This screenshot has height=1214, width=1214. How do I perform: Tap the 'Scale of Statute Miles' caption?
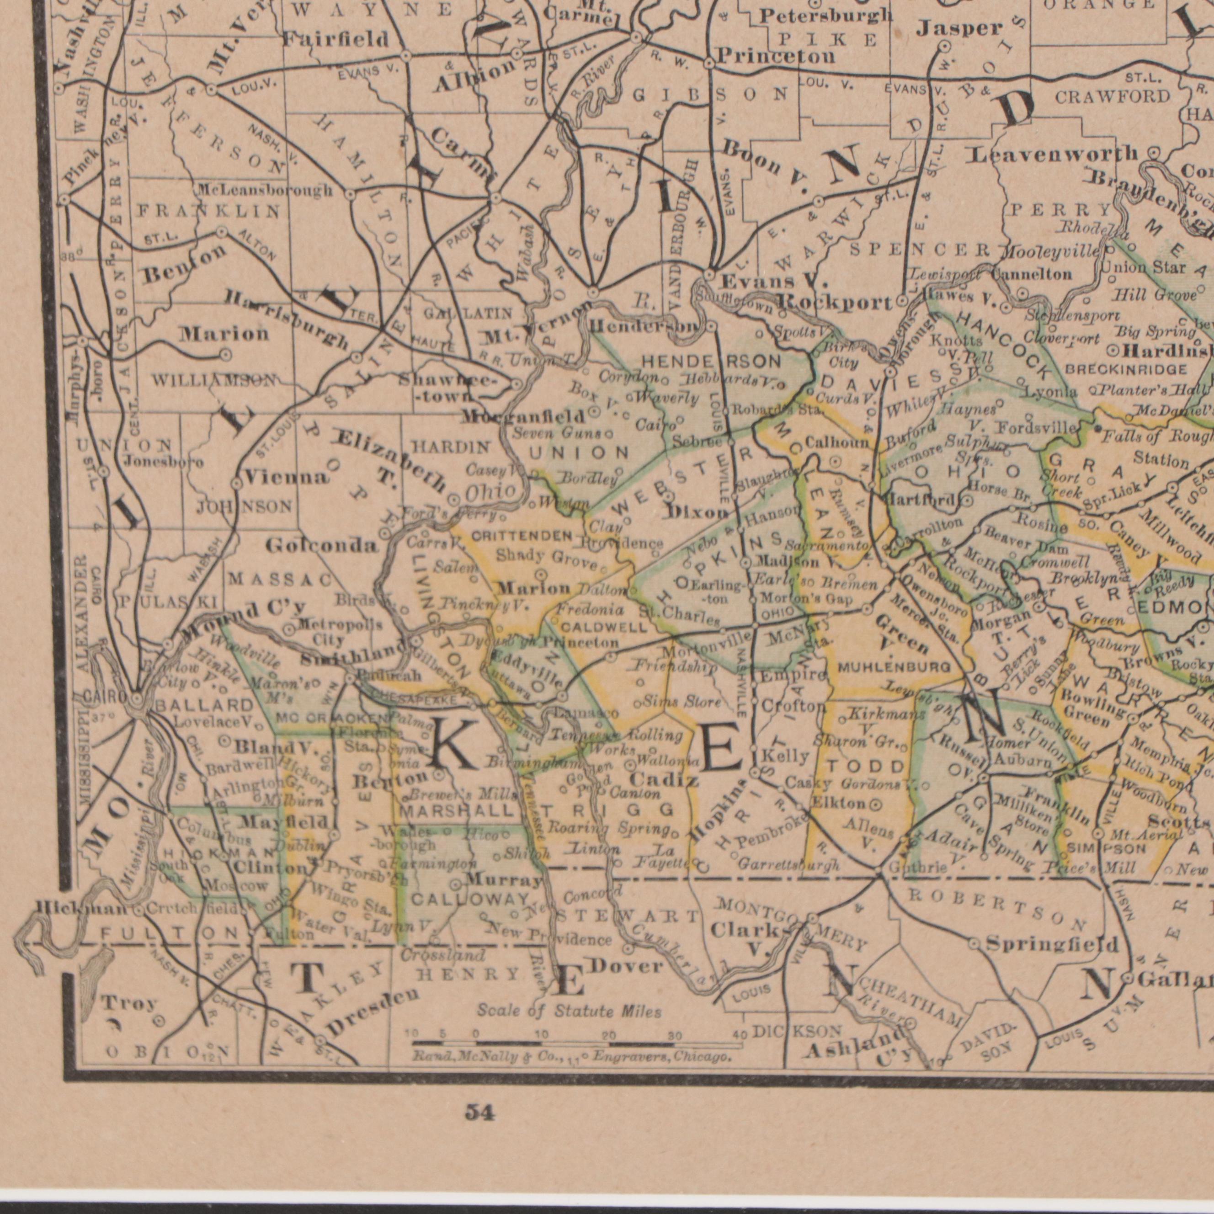(570, 1011)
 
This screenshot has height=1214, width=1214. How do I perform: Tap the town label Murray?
(505, 879)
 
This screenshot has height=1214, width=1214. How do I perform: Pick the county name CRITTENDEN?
(522, 536)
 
